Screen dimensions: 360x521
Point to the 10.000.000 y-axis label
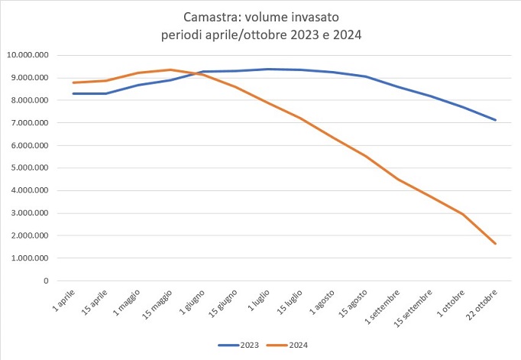point(28,55)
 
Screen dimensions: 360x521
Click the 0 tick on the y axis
point(46,281)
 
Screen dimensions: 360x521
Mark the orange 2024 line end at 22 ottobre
point(496,244)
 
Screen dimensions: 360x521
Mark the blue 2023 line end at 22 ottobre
point(496,120)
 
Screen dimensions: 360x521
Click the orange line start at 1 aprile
point(73,83)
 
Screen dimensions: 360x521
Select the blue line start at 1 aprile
point(73,93)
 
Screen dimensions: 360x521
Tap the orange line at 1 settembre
point(398,179)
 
